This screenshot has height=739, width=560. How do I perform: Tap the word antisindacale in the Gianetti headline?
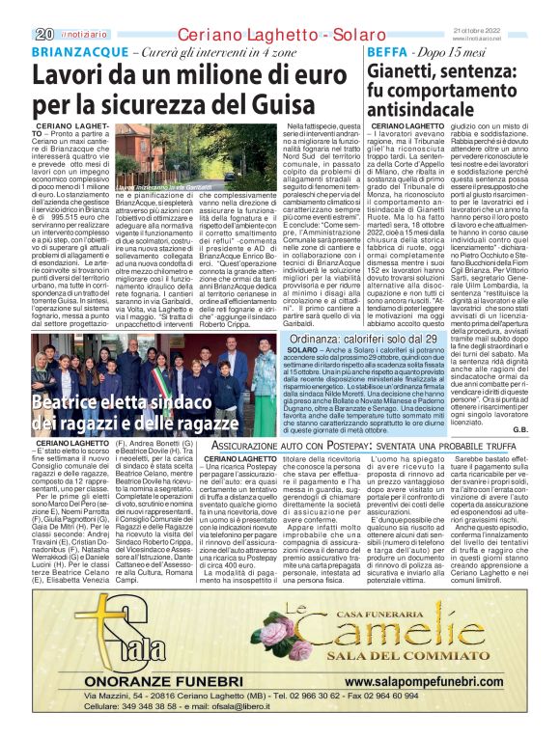[x=423, y=110]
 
